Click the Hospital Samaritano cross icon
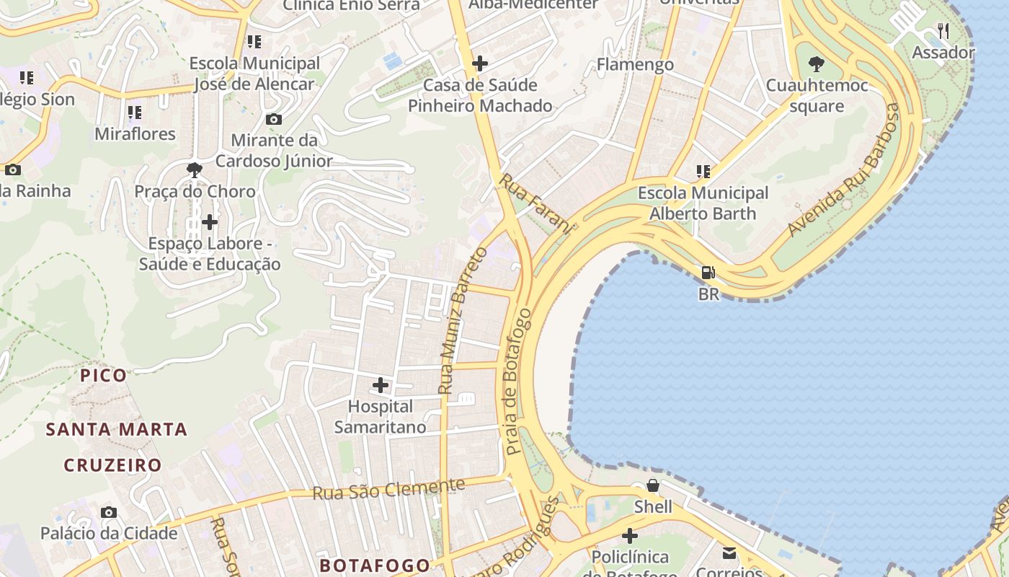(381, 384)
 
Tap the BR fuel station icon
(708, 273)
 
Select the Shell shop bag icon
(652, 485)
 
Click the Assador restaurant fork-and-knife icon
(943, 30)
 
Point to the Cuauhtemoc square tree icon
(816, 64)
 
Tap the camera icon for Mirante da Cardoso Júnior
(274, 119)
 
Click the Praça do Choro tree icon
(194, 170)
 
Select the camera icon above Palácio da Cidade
(109, 512)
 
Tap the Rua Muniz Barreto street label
(463, 321)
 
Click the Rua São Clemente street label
(388, 490)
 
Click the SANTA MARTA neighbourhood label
(117, 430)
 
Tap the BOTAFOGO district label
(375, 564)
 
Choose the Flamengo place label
(635, 65)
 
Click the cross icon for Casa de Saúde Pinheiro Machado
(480, 63)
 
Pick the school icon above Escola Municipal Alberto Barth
(703, 172)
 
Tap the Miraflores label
(135, 134)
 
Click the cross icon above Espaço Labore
(210, 221)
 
